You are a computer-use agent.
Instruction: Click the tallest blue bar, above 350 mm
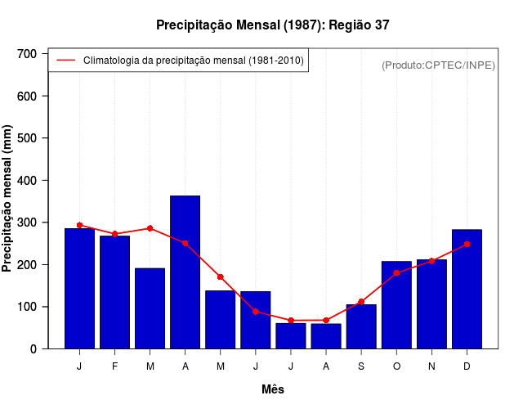(185, 272)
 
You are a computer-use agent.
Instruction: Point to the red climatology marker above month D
(467, 244)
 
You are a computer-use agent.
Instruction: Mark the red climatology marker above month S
(361, 302)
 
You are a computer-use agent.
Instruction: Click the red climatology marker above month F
(114, 234)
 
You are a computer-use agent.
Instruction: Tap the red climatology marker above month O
(396, 273)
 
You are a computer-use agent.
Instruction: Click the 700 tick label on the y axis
(28, 54)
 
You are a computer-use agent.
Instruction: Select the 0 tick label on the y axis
(34, 349)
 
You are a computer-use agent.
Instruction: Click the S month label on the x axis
(361, 366)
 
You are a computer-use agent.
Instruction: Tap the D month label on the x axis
(467, 366)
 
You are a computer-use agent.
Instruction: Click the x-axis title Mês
(273, 389)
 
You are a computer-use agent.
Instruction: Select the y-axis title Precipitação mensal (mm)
(8, 199)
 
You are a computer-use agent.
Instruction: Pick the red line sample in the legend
(65, 61)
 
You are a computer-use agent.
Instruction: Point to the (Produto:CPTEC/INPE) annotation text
(438, 65)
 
